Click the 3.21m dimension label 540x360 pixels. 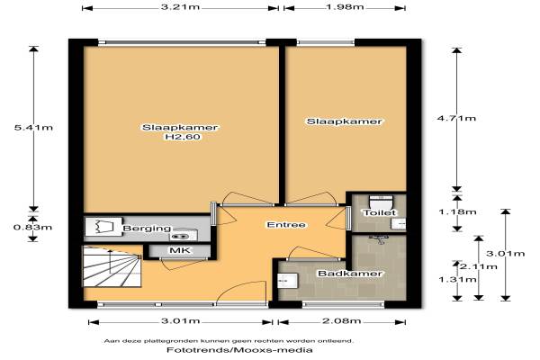coord(181,7)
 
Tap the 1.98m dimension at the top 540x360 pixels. coord(345,7)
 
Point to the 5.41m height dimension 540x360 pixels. coord(33,128)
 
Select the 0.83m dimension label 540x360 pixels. coord(32,228)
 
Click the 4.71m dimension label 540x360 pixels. coord(456,119)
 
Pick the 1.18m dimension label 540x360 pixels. coord(457,211)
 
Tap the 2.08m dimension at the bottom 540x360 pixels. coord(342,321)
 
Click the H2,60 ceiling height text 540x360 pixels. coord(183,137)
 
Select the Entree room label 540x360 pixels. coord(286,225)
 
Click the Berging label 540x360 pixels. coord(147,229)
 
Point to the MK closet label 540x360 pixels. coord(180,250)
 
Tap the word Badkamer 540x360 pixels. coord(350,274)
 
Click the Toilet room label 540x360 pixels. coord(380,213)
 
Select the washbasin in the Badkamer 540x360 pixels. coord(287,281)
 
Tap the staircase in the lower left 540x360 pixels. coord(112,266)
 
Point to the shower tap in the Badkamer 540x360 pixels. coord(379,239)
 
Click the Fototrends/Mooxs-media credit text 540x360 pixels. coord(239,350)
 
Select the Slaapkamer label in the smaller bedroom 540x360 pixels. coord(345,121)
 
